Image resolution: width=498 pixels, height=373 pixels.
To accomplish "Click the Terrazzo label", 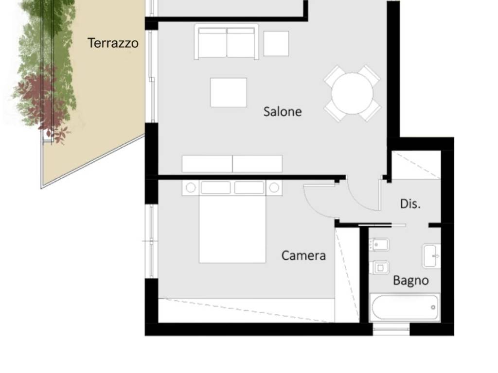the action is [x=113, y=43].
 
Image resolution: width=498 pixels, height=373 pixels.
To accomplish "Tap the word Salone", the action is [x=283, y=112].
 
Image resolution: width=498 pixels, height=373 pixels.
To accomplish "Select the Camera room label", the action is [x=303, y=255].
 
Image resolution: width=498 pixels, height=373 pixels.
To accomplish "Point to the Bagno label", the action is [x=410, y=281].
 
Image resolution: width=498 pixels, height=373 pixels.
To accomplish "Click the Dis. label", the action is [x=410, y=203].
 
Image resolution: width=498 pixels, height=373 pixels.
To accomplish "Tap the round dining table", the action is [x=352, y=93].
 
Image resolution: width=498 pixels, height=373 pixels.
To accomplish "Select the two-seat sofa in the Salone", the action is [x=227, y=42].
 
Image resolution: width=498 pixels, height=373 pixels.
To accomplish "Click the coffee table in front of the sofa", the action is [x=229, y=92].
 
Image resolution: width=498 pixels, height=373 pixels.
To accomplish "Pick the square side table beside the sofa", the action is [x=276, y=43].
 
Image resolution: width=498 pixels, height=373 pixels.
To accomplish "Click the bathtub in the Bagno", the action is [x=405, y=307].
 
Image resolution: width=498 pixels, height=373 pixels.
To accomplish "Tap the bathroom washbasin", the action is [x=431, y=256].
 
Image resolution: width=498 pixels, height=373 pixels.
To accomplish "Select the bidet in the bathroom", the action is [x=379, y=245].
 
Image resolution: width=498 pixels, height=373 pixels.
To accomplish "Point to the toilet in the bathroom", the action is [x=379, y=268].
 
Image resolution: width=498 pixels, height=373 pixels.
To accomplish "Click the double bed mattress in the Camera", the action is [x=232, y=229].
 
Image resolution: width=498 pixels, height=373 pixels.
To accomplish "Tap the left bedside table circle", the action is [x=191, y=188].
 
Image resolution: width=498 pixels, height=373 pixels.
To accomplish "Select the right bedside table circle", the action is [x=274, y=188].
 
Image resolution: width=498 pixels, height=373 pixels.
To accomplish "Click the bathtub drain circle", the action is [x=433, y=307].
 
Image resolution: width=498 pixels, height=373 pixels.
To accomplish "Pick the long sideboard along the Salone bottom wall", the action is [x=232, y=164].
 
